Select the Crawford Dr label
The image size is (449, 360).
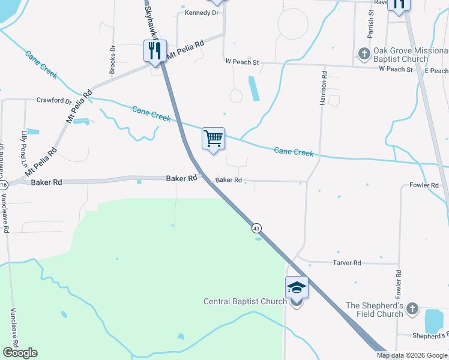coord(54,100)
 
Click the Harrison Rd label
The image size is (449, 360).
coord(323,89)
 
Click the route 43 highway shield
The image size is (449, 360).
coord(256,228)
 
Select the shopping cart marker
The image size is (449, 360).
coord(213,139)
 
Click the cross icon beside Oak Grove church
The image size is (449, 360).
coord(364,55)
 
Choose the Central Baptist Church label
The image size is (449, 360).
coord(245,301)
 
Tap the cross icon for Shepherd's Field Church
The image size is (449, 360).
coord(412,309)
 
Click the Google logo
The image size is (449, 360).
coord(20,353)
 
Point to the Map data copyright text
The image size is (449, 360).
coord(412,355)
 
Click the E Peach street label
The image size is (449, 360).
coord(436,70)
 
